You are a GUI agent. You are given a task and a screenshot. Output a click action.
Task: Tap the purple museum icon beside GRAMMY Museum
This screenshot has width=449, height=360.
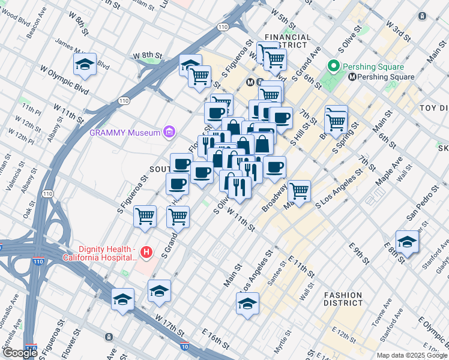pyautogui.click(x=169, y=132)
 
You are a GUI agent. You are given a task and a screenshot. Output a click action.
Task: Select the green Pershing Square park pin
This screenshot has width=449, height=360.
pyautogui.click(x=333, y=67)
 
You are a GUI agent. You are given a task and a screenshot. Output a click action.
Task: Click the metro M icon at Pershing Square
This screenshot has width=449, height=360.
pyautogui.click(x=352, y=77)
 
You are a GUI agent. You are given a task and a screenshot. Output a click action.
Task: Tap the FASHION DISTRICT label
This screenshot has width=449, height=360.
pyautogui.click(x=343, y=299)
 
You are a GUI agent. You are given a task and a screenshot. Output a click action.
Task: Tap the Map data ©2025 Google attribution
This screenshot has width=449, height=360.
pyautogui.click(x=411, y=355)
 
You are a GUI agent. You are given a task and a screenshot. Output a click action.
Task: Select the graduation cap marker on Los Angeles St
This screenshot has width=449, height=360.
pyautogui.click(x=247, y=304)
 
